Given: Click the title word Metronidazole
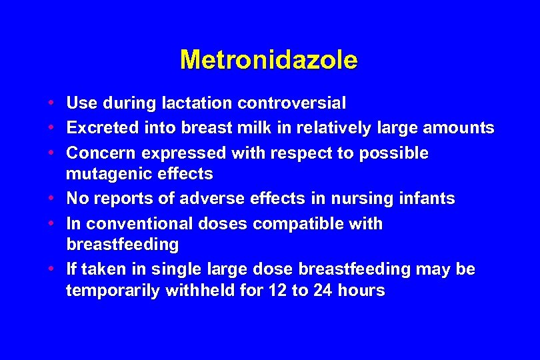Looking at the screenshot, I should tap(269, 60).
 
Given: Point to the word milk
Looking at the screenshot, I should tap(262, 127).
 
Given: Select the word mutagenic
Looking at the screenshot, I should tap(109, 175).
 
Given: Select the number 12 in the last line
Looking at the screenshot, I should tap(279, 291).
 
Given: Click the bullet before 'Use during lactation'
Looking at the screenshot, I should tap(51, 103).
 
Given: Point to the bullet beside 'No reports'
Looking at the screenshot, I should tap(51, 199).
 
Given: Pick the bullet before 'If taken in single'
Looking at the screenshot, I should tap(51, 269).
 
